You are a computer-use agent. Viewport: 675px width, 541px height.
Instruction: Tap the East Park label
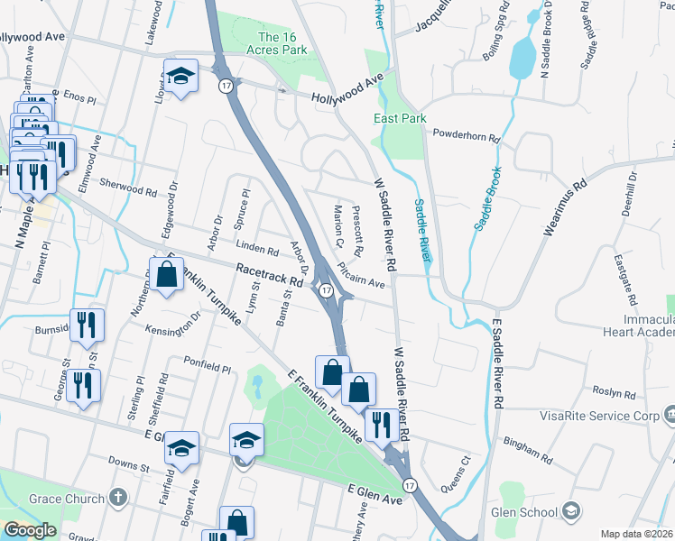400,119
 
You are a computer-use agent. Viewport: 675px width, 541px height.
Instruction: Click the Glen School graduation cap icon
570,511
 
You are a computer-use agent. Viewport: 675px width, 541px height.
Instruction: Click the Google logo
30,530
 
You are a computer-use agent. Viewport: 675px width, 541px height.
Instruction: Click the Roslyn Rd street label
615,393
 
